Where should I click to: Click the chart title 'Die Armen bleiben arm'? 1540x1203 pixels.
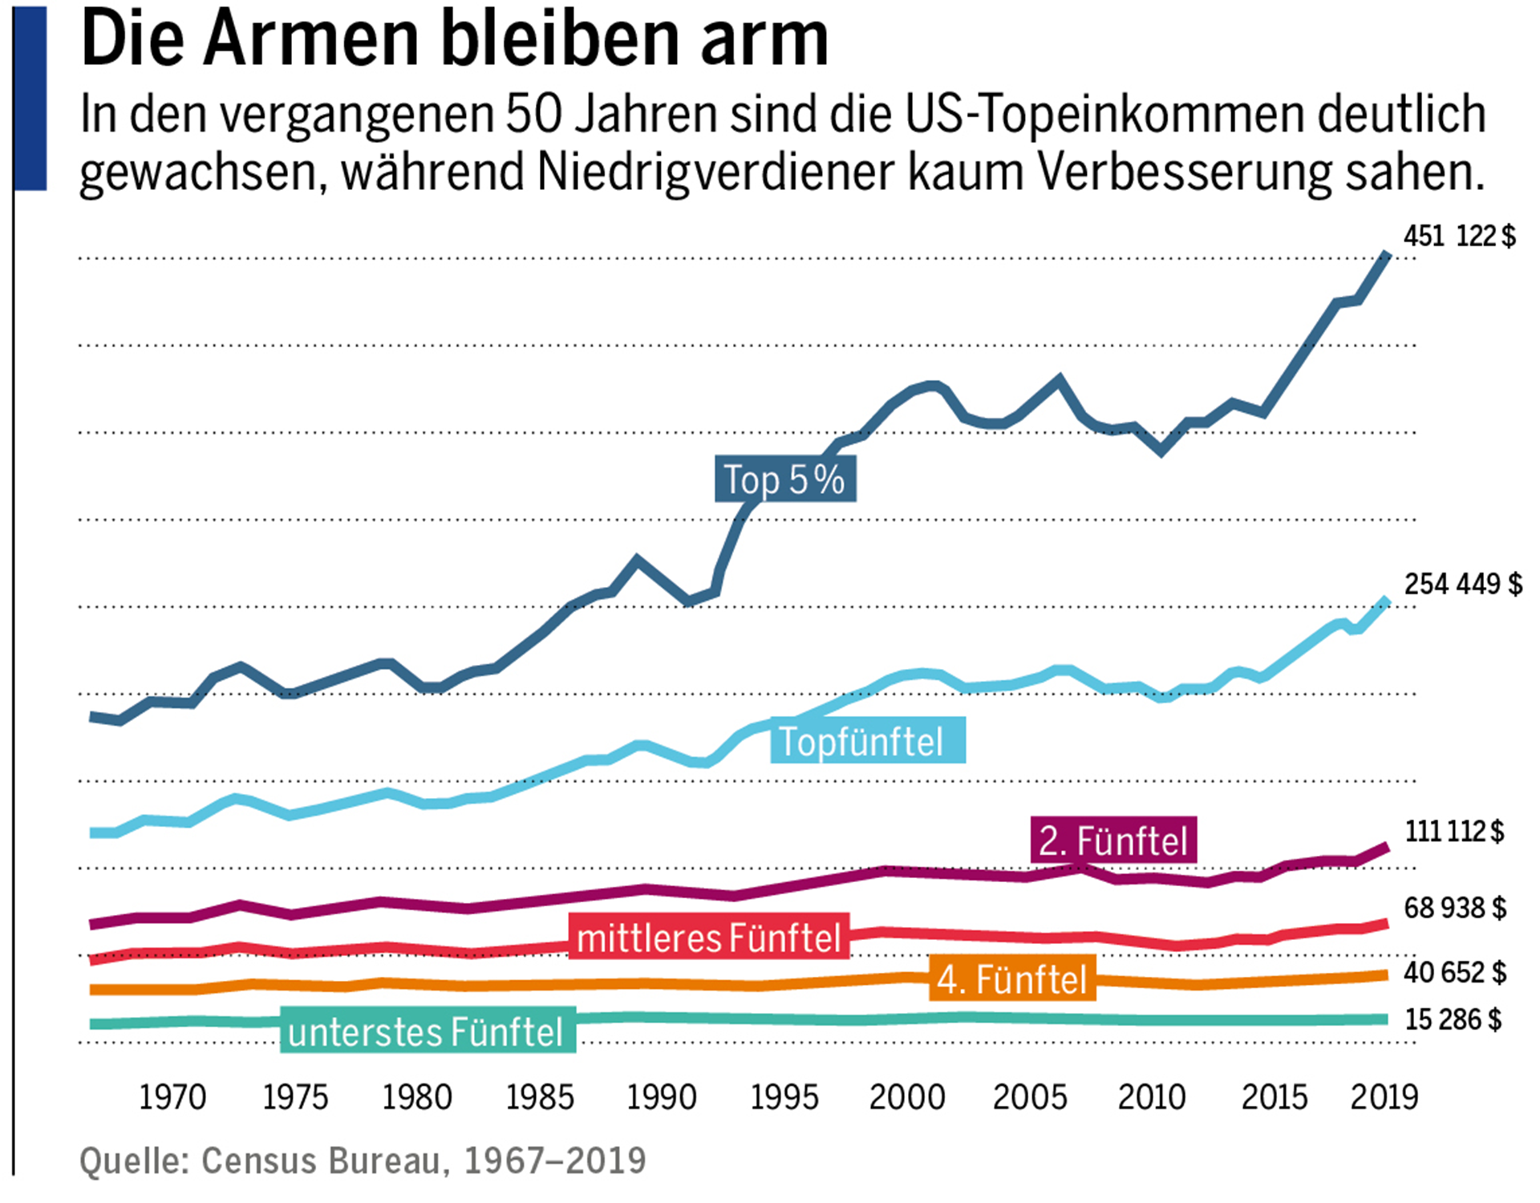tap(454, 40)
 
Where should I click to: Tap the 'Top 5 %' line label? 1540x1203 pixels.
tap(784, 480)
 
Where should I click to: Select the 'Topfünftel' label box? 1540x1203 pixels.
tap(867, 741)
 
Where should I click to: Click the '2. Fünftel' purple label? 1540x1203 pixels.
tap(1113, 840)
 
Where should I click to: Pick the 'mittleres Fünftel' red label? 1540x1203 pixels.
tap(708, 938)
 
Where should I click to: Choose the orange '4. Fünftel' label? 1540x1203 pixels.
tap(1011, 979)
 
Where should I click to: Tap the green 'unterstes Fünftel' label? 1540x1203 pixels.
tap(427, 1031)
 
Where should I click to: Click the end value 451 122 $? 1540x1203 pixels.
tap(1459, 237)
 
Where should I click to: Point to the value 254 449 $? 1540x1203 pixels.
tap(1462, 584)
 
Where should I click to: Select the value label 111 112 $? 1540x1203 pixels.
tap(1453, 832)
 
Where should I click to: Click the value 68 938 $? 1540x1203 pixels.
tap(1454, 908)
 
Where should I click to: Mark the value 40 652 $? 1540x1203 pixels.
tap(1454, 972)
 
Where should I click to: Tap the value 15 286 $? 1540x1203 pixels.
tap(1453, 1019)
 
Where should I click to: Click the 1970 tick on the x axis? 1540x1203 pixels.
tap(172, 1097)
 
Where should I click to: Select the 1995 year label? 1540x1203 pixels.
tap(784, 1097)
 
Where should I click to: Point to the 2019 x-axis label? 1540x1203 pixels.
tap(1384, 1097)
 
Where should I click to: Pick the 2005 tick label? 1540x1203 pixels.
tap(1029, 1097)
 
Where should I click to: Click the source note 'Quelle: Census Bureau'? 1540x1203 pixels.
tap(363, 1160)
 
